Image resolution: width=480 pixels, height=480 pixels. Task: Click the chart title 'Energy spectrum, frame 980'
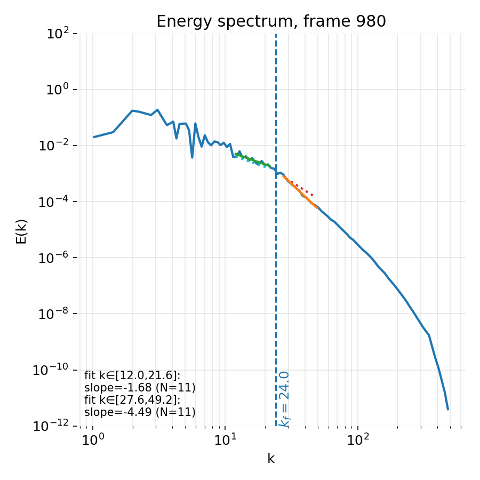tap(271, 21)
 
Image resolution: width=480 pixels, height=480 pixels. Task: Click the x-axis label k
tap(271, 459)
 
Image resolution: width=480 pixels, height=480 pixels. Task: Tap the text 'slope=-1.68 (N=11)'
tap(140, 388)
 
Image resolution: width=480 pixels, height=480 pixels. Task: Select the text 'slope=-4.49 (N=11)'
tap(140, 412)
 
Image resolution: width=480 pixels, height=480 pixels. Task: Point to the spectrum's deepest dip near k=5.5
tap(192, 157)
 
